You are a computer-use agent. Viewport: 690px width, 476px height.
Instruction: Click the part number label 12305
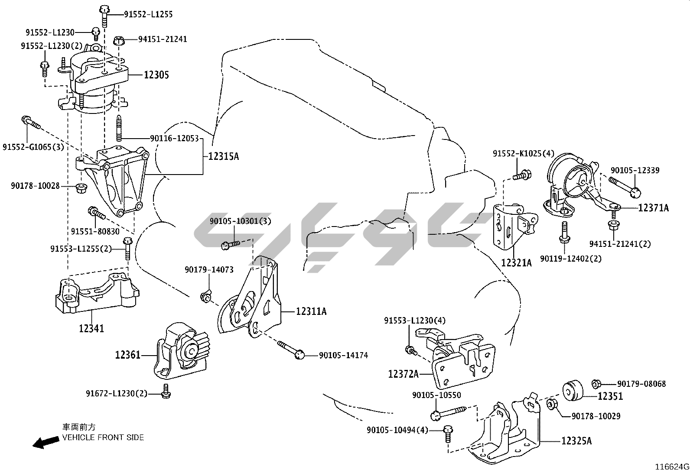pos(156,75)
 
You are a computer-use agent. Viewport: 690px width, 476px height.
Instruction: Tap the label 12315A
pos(223,156)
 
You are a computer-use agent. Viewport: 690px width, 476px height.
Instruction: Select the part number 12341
pos(91,328)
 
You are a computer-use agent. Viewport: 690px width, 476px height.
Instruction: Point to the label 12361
pos(128,355)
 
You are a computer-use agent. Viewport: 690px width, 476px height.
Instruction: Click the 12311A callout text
pos(311,311)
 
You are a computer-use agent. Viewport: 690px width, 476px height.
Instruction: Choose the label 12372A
pos(404,373)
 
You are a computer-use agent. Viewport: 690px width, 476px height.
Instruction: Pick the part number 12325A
pos(576,441)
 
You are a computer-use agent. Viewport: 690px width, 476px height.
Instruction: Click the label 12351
pos(610,396)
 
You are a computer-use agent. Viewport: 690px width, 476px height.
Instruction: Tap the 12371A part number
pos(653,208)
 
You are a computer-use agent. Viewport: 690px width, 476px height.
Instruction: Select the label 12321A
pos(516,262)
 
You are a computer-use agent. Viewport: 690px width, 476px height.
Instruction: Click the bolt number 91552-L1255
pos(148,14)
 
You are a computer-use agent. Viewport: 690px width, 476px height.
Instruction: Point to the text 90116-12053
pos(174,139)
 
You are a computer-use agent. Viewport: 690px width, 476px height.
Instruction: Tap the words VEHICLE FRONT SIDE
pos(103,437)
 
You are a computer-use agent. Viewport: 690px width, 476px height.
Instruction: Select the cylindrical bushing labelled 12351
pos(572,389)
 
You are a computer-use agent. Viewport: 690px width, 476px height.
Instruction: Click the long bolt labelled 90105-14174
pos(290,350)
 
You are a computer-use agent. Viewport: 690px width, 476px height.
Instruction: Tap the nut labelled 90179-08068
pos(596,384)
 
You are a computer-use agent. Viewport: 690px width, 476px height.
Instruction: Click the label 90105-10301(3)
pos(240,221)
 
